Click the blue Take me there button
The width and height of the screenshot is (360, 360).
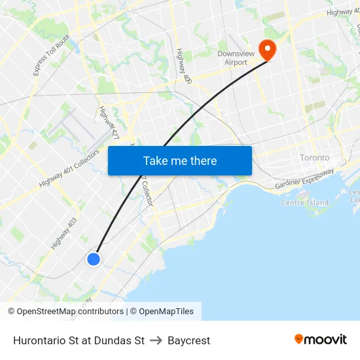point(180,160)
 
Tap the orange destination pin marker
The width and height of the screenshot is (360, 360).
point(267,49)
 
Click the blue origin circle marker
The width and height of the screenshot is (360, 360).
point(94,259)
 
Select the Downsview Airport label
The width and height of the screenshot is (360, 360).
point(232,58)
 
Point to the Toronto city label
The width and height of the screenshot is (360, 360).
point(315,158)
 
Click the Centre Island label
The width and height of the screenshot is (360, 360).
point(304,202)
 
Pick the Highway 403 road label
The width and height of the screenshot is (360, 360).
point(63,234)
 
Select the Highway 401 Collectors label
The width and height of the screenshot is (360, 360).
point(69,169)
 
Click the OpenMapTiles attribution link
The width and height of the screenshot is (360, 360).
point(166,312)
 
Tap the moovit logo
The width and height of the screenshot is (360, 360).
point(321,339)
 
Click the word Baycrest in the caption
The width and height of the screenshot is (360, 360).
point(189,340)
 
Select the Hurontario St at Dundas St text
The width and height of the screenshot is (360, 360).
point(79,340)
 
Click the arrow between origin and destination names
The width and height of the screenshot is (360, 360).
point(156,340)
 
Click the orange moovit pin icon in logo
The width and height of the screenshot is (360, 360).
point(298,339)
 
